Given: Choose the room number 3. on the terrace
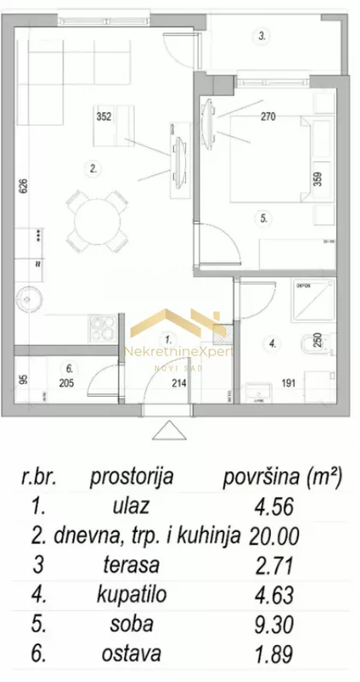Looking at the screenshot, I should pos(263,36).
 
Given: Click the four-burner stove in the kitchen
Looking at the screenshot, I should pos(103,326).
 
